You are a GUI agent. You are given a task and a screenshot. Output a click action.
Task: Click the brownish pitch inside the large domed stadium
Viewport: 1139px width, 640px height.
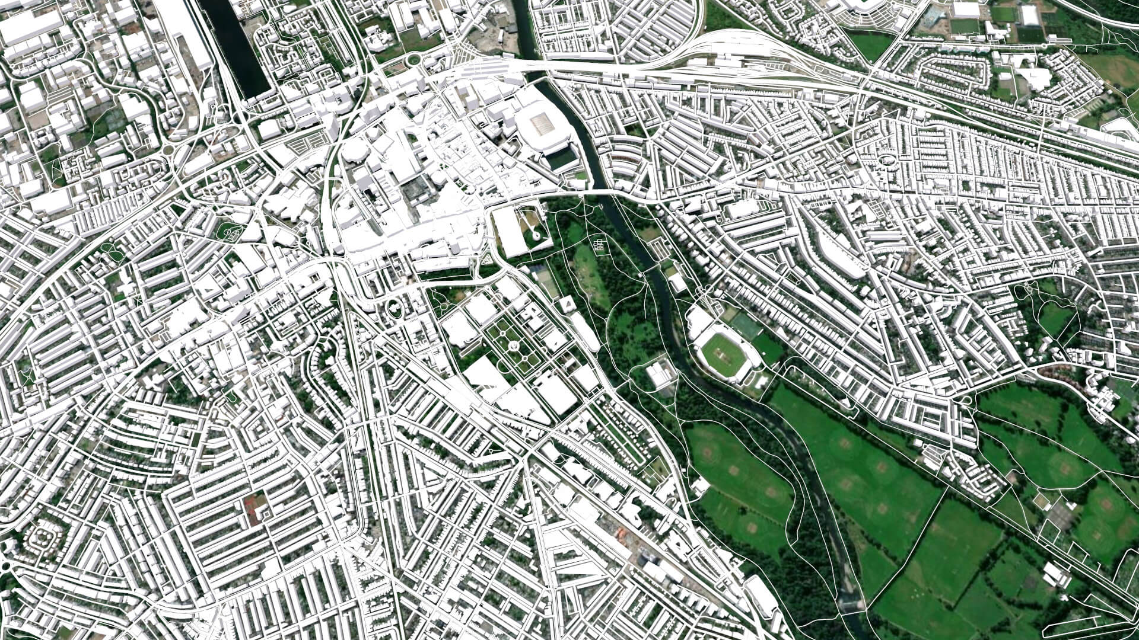[542, 123]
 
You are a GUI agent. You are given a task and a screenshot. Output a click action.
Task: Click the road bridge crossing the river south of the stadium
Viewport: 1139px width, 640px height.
[599, 193]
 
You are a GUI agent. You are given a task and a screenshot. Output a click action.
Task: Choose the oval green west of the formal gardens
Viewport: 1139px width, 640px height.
[394, 309]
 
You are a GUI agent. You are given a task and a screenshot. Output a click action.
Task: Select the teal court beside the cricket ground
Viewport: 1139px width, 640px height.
[744, 324]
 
